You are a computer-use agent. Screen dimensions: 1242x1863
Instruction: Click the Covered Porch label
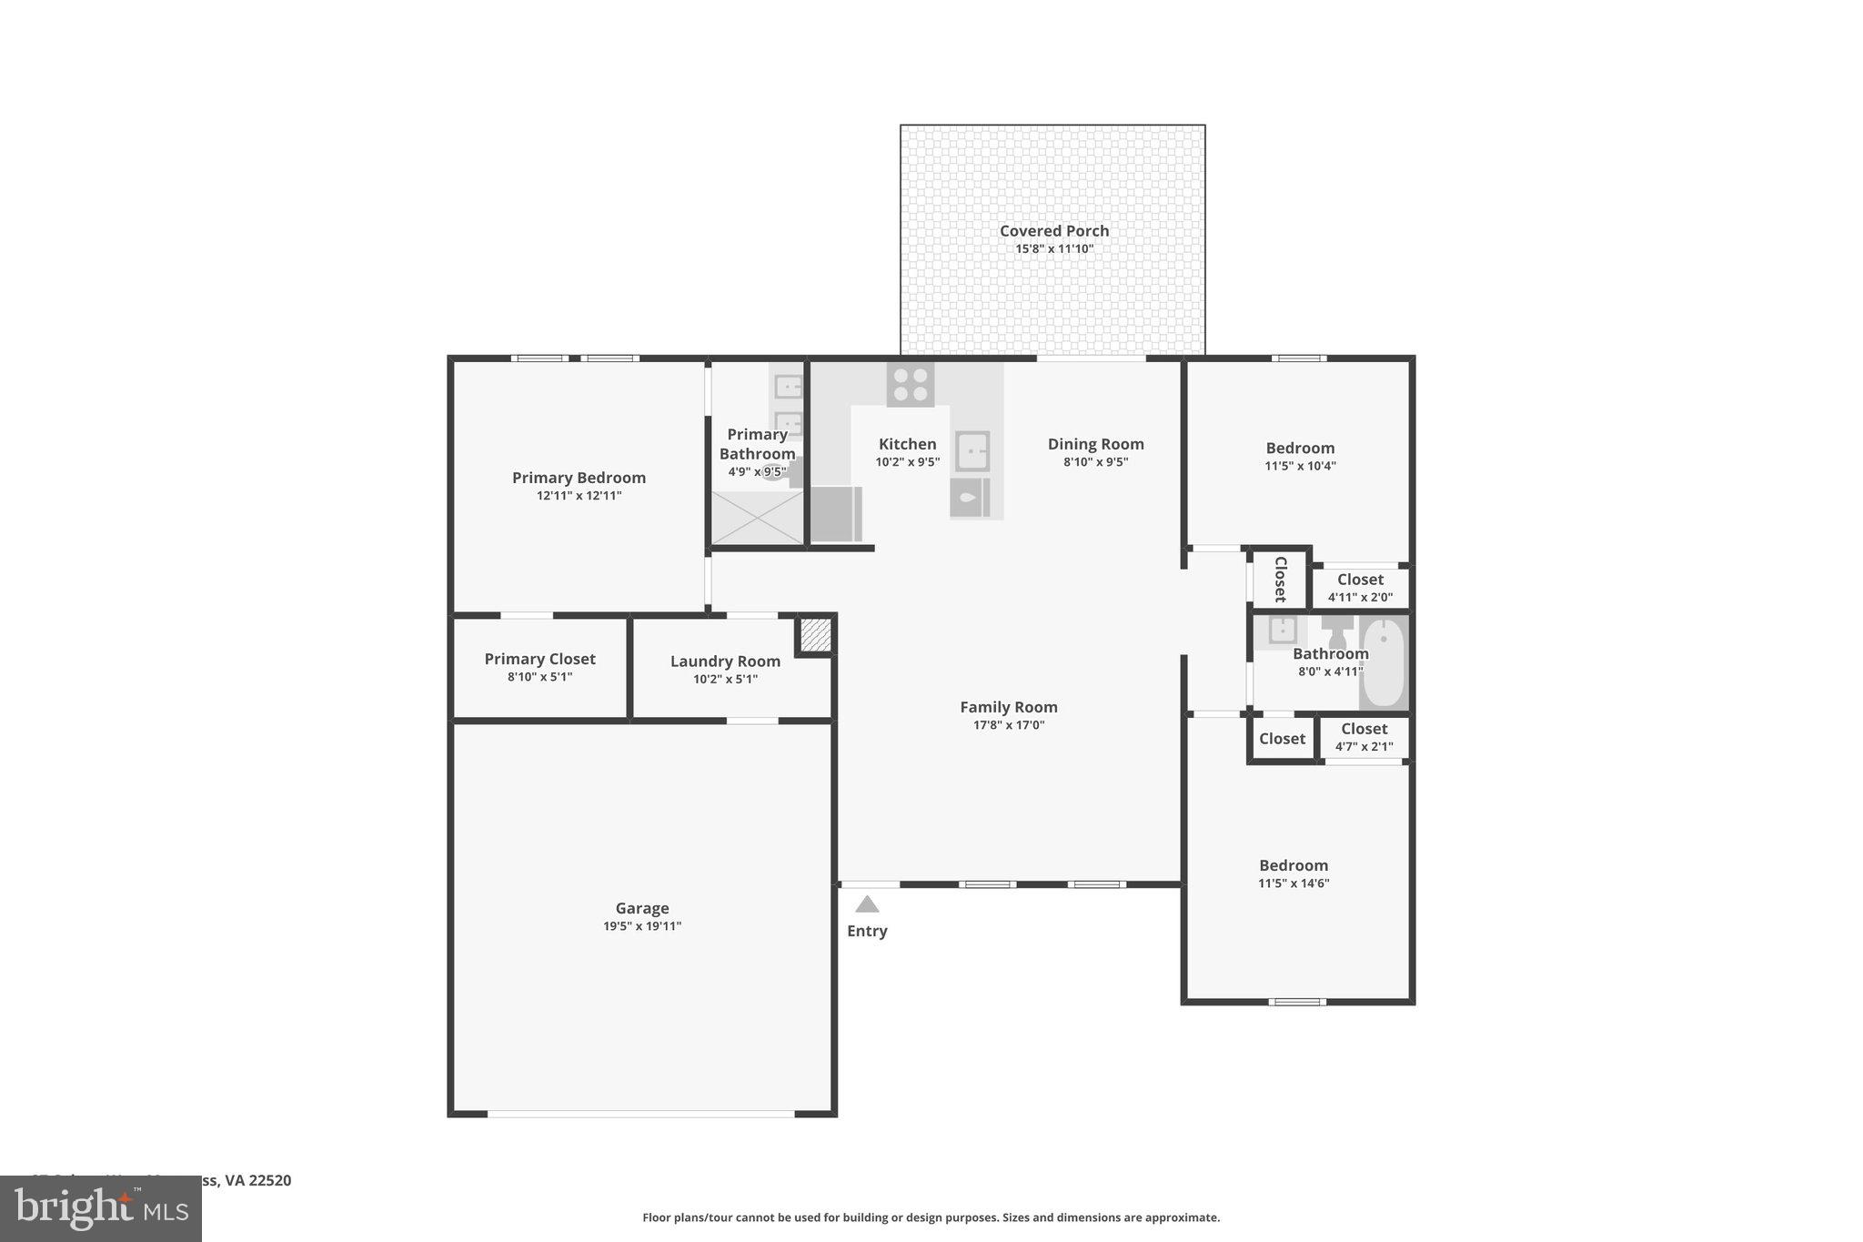click(x=1053, y=231)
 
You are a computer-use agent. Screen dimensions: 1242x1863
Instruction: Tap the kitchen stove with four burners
click(x=910, y=384)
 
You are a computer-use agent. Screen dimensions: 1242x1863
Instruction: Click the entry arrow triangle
click(x=867, y=904)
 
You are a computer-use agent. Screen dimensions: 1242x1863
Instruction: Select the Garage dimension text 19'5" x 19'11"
click(x=641, y=926)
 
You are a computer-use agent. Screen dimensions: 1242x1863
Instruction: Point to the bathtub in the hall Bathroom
click(x=1384, y=662)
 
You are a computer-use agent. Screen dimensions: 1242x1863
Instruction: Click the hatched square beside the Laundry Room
click(x=815, y=634)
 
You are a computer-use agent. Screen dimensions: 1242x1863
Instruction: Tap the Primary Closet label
click(x=539, y=659)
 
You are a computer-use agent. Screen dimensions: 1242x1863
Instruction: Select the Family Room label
click(x=1008, y=707)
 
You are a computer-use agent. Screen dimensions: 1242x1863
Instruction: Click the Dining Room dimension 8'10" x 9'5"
click(x=1095, y=462)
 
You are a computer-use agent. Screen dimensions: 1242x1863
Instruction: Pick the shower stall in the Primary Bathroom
click(x=756, y=518)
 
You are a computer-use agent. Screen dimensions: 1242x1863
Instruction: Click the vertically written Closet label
click(x=1280, y=579)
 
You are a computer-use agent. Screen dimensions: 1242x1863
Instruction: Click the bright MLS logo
click(x=101, y=1208)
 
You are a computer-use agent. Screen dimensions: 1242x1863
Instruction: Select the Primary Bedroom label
click(x=579, y=478)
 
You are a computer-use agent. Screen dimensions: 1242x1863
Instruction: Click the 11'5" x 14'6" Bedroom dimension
click(x=1294, y=884)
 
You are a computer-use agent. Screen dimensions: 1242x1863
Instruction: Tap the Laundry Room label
click(x=725, y=661)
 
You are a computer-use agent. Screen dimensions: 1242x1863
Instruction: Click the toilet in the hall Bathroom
click(x=1337, y=631)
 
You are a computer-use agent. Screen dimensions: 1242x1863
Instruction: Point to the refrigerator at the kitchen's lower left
click(x=836, y=514)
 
